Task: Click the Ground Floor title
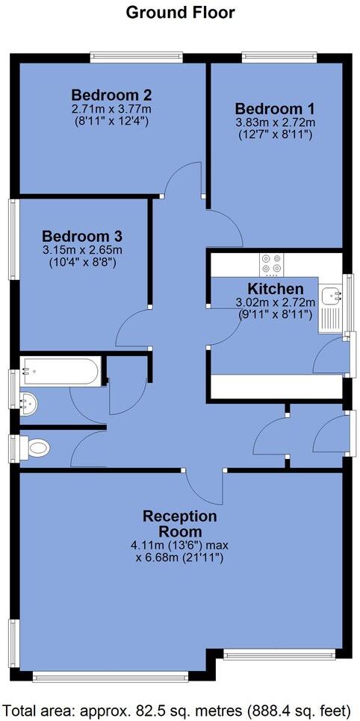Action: click(x=180, y=12)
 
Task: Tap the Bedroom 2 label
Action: click(x=112, y=95)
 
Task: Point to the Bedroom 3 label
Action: click(x=82, y=234)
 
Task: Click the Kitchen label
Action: click(x=276, y=289)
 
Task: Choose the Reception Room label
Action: click(x=180, y=524)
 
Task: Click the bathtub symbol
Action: click(x=60, y=371)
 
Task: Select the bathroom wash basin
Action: click(x=30, y=401)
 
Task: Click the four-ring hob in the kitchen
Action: click(x=270, y=264)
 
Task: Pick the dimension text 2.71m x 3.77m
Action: click(x=112, y=109)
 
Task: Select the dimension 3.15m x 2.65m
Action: click(x=82, y=249)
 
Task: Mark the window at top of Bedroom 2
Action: click(x=136, y=54)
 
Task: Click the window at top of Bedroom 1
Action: click(x=279, y=54)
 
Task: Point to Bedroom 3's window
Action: click(x=11, y=241)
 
